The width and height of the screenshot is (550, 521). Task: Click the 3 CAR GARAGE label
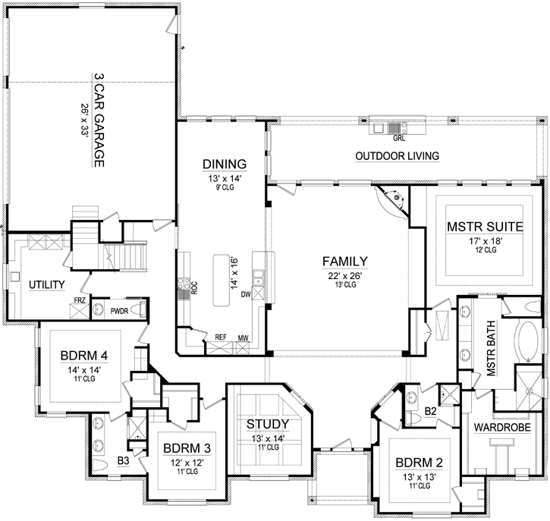click(99, 119)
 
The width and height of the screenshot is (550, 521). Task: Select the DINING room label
click(224, 164)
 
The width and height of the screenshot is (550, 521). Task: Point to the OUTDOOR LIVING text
click(398, 156)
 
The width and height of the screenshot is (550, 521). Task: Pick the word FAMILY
click(345, 261)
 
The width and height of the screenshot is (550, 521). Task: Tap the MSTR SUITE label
click(482, 225)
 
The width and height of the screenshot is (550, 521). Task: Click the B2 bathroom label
click(430, 412)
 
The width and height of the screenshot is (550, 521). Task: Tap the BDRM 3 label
click(181, 447)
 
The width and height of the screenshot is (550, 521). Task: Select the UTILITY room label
click(45, 284)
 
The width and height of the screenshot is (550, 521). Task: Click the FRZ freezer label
click(80, 301)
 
